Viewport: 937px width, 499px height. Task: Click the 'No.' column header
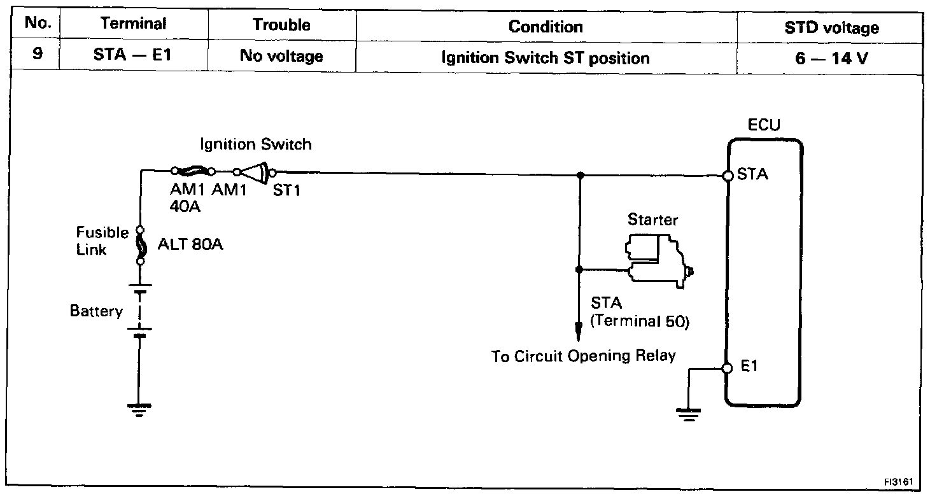coord(37,26)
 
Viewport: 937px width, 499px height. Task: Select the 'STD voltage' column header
coord(832,27)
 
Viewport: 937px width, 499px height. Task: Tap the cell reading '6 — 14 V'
coord(832,57)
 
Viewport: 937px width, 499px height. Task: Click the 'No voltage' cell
coord(281,57)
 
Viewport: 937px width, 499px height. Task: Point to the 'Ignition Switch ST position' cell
coord(546,58)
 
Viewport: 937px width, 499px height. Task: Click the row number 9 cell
coord(37,56)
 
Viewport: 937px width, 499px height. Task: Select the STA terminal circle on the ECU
coord(729,176)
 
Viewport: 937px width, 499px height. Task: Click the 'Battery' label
coord(96,312)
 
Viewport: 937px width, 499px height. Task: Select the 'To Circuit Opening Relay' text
coord(583,356)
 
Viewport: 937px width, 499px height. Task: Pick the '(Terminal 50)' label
coord(639,321)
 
